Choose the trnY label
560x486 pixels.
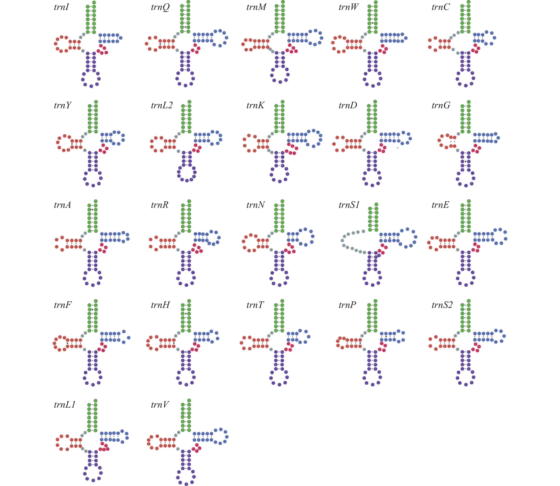point(62,105)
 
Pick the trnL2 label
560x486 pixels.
point(162,105)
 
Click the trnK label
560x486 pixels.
point(255,105)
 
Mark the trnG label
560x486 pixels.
point(441,105)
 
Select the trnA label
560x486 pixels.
point(62,205)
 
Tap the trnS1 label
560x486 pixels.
point(349,205)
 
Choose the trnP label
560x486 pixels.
point(347,305)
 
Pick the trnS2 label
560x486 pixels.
point(442,305)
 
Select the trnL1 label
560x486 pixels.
point(65,405)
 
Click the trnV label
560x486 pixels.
point(160,405)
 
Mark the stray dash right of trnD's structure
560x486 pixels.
point(398,148)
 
